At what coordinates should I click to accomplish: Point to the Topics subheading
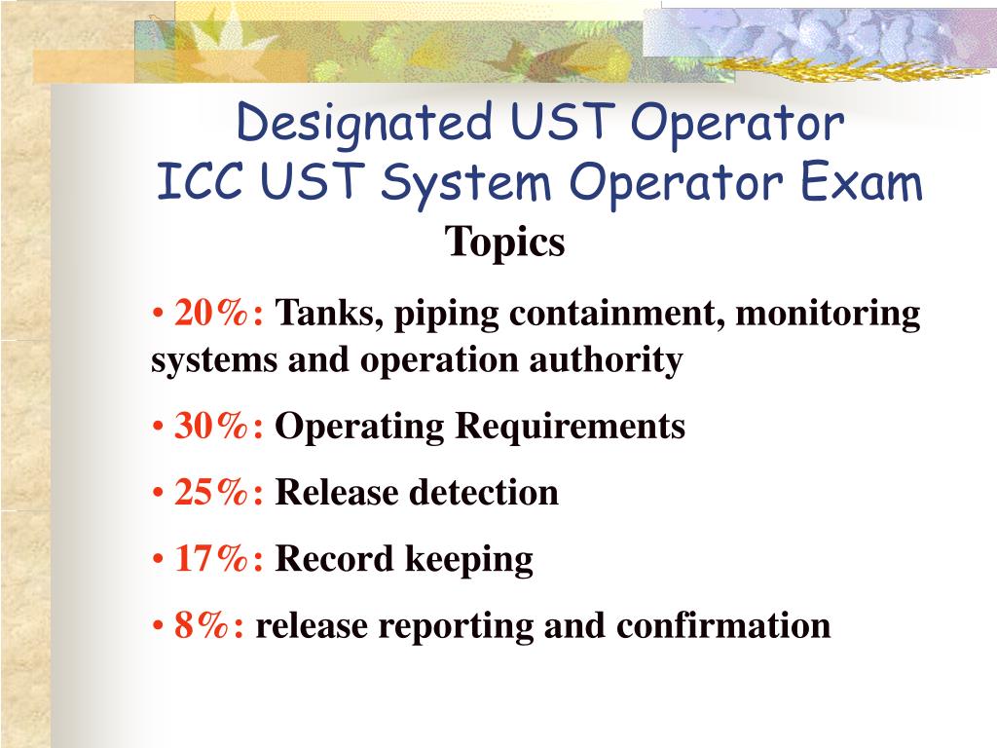pyautogui.click(x=505, y=243)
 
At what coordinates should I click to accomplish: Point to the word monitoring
pyautogui.click(x=827, y=315)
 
